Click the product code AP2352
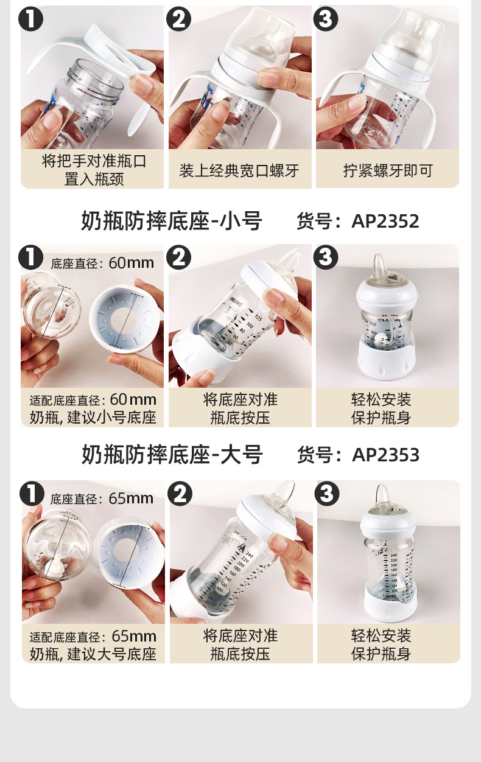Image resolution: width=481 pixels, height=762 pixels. [x=385, y=222]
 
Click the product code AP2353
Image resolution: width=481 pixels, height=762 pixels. [x=385, y=455]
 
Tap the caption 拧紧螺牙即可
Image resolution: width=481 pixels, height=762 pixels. [x=388, y=171]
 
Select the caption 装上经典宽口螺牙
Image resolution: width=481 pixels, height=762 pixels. [x=239, y=171]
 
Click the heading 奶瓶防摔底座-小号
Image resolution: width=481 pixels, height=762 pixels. [x=172, y=221]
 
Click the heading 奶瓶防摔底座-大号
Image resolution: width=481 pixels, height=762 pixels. [x=172, y=455]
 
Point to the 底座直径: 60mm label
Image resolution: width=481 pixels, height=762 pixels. [x=102, y=263]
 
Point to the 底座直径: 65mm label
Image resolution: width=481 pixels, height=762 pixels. [x=102, y=498]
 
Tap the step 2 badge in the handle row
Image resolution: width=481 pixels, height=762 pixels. [x=179, y=19]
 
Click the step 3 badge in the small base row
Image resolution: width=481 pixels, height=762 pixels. [x=326, y=257]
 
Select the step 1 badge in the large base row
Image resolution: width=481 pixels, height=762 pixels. [x=32, y=493]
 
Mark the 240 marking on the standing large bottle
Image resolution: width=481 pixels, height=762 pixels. [x=394, y=555]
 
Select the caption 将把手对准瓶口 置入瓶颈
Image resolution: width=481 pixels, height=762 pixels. [x=94, y=170]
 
